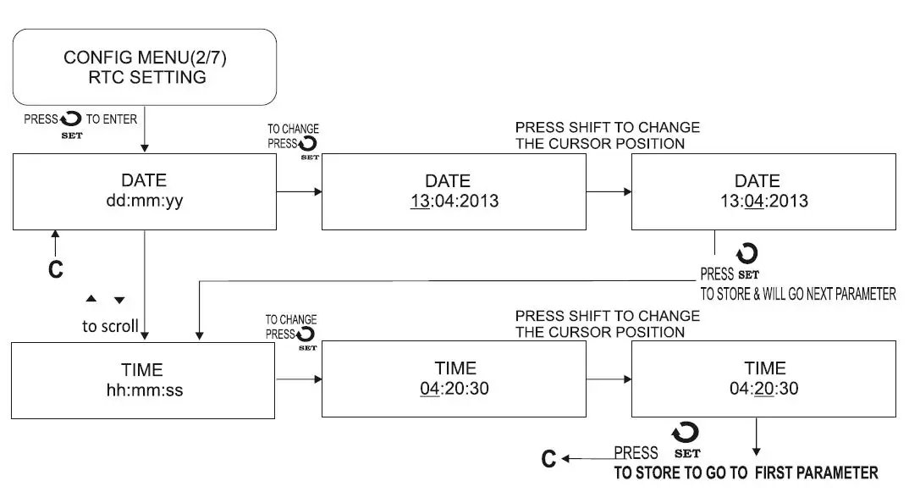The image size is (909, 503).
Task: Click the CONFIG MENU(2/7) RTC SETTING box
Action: point(145,68)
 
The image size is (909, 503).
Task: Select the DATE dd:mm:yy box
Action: point(143,191)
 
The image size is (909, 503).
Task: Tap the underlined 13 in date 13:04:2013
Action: point(420,202)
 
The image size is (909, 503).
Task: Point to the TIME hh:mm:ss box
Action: point(142,379)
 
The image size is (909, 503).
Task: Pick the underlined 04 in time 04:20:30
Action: point(430,390)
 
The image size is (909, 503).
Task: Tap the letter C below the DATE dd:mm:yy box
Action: point(55,270)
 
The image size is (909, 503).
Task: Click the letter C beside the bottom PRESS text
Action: point(549,460)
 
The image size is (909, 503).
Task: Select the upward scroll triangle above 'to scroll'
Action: point(91,300)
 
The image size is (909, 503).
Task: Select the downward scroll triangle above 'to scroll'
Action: point(119,300)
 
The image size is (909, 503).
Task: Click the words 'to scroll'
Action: point(110,326)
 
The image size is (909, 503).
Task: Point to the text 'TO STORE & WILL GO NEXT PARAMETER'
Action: point(797,295)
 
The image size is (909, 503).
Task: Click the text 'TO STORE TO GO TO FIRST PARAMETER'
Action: point(746,473)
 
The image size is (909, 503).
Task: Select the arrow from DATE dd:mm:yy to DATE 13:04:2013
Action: point(299,192)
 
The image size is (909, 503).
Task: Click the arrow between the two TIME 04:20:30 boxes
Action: point(609,380)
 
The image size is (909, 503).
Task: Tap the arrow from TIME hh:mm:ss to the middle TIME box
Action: point(299,380)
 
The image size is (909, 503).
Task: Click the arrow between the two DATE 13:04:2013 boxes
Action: point(609,192)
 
